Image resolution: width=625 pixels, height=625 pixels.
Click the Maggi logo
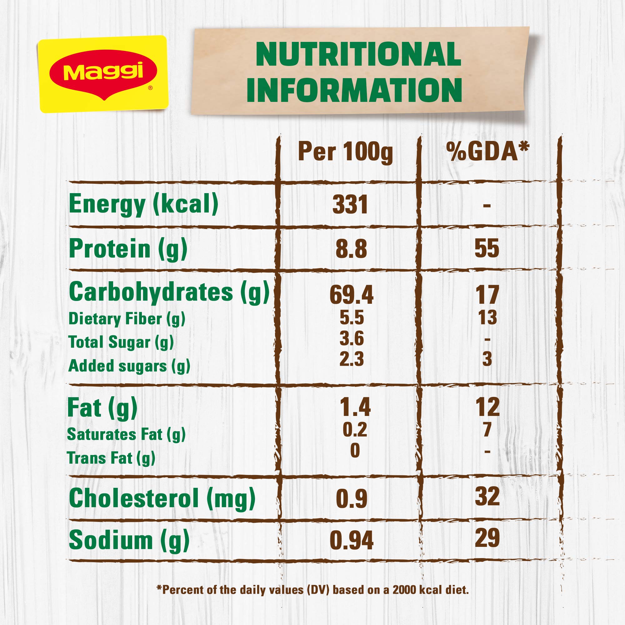[x=103, y=74]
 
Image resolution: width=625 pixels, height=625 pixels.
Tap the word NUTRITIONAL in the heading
[x=358, y=54]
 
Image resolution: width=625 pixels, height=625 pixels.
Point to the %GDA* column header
[x=487, y=151]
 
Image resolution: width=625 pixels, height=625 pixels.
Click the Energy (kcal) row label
[x=143, y=204]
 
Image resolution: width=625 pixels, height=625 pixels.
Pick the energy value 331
[x=350, y=205]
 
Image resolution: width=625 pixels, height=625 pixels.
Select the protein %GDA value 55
[x=487, y=248]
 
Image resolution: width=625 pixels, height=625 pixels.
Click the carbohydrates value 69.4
[x=351, y=295]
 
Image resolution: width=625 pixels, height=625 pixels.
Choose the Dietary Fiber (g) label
[x=127, y=319]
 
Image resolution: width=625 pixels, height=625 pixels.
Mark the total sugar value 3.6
[x=352, y=338]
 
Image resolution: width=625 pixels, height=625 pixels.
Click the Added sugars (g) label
[x=129, y=366]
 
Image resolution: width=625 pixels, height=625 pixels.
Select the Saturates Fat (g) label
[x=126, y=434]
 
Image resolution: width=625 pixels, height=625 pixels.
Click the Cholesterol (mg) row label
[x=162, y=498]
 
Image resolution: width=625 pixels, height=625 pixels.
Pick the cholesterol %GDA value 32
[x=487, y=496]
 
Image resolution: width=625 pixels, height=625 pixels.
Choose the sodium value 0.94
[x=351, y=540]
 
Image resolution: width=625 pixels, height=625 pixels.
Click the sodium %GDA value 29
[x=487, y=538]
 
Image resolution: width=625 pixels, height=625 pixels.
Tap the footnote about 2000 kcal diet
[x=312, y=589]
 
